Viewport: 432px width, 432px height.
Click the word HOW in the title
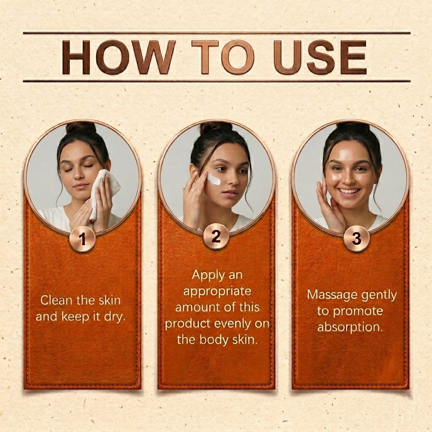coord(118,57)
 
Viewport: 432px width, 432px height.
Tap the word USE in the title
coord(321,57)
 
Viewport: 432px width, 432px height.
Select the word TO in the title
coord(223,57)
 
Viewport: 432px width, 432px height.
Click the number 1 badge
coord(82,238)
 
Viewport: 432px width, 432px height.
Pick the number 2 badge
coord(216,237)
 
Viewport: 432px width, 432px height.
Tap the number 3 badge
coord(356,238)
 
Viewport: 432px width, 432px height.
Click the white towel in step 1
coord(105,193)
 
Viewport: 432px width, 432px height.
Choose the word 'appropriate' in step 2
coord(217,291)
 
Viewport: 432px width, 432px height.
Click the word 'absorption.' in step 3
coord(350,327)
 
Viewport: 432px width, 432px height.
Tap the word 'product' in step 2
coord(188,324)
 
